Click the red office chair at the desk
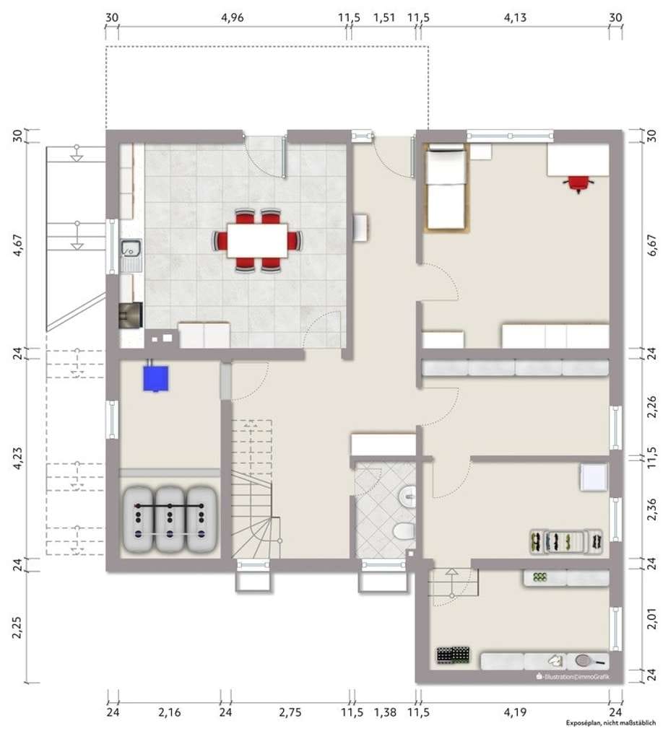pyautogui.click(x=578, y=184)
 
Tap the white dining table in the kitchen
pyautogui.click(x=257, y=240)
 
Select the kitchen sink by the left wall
pyautogui.click(x=131, y=249)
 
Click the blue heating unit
pyautogui.click(x=156, y=377)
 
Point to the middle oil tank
pyautogui.click(x=170, y=519)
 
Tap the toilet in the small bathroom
pyautogui.click(x=404, y=532)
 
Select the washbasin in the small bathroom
pyautogui.click(x=407, y=496)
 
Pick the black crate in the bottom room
pyautogui.click(x=454, y=655)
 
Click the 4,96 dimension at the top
pyautogui.click(x=232, y=17)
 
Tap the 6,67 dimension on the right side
pyautogui.click(x=651, y=245)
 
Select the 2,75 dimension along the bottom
pyautogui.click(x=290, y=712)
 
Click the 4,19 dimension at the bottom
pyautogui.click(x=515, y=712)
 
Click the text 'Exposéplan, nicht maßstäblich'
pyautogui.click(x=611, y=722)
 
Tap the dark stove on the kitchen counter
pyautogui.click(x=131, y=315)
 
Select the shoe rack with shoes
pyautogui.click(x=566, y=541)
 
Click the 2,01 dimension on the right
pyautogui.click(x=651, y=618)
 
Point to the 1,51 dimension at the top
pyautogui.click(x=384, y=17)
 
